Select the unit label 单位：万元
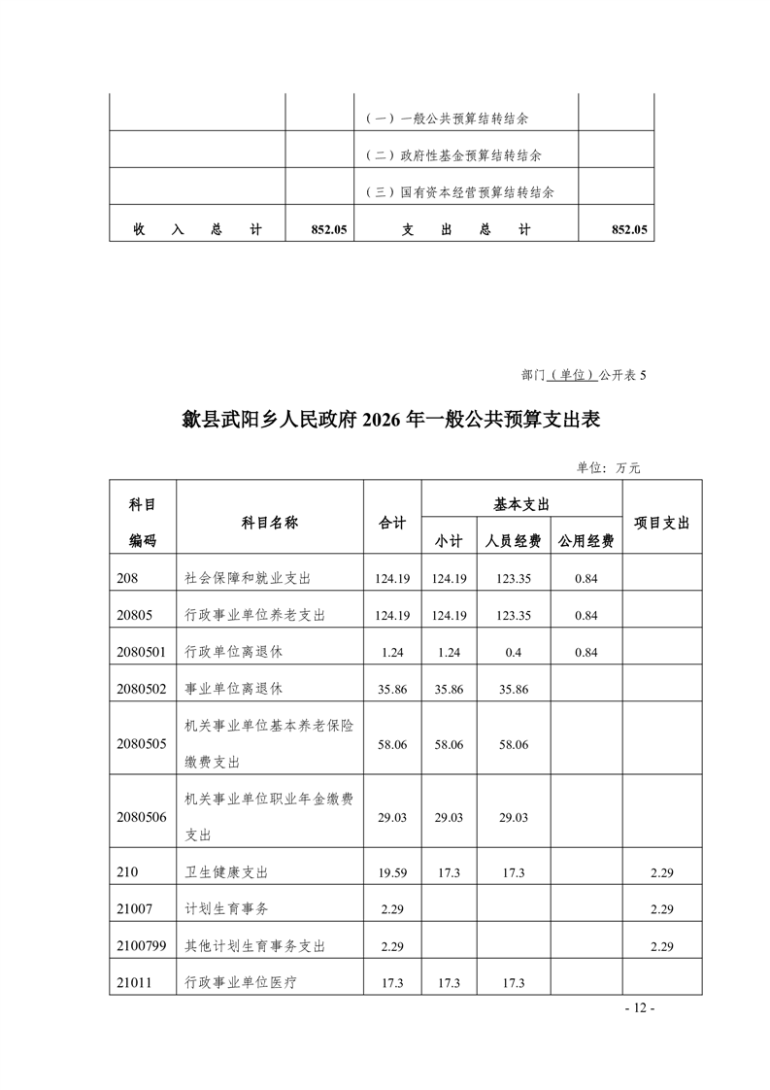tap(609, 467)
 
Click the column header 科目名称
tap(269, 522)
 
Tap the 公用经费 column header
tap(586, 541)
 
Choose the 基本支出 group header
tap(522, 504)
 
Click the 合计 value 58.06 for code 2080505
tap(392, 743)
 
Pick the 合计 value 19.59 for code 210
tap(392, 873)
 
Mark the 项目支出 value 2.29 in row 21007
tap(661, 909)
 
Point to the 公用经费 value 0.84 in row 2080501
tap(586, 651)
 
